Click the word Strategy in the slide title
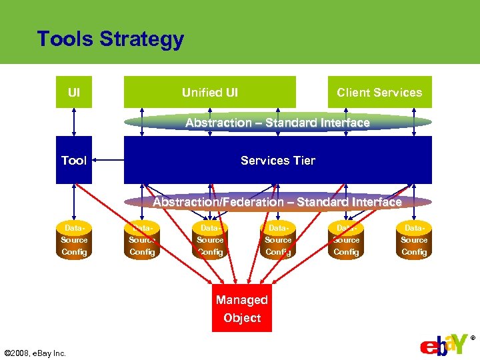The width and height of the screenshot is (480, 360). coord(141,39)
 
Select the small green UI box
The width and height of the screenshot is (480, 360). coord(74,93)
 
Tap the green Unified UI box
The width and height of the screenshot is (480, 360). coord(209,93)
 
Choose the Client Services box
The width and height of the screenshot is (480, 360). coord(379,93)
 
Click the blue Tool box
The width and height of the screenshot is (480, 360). coord(74,160)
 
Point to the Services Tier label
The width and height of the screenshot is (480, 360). coord(277,160)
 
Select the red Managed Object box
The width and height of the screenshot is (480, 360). coord(242,309)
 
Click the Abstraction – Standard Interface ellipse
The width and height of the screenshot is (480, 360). coord(277,123)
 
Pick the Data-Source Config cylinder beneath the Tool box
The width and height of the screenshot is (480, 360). coord(74,240)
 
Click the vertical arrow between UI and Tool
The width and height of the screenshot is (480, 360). coord(74,122)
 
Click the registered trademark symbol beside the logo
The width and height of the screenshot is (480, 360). coord(473,338)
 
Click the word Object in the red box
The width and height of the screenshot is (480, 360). coord(242,318)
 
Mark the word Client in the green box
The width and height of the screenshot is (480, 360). coord(353,93)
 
